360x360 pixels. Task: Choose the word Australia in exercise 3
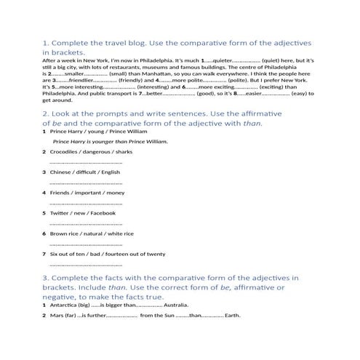pos(177,305)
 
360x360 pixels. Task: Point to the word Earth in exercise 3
pos(232,316)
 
